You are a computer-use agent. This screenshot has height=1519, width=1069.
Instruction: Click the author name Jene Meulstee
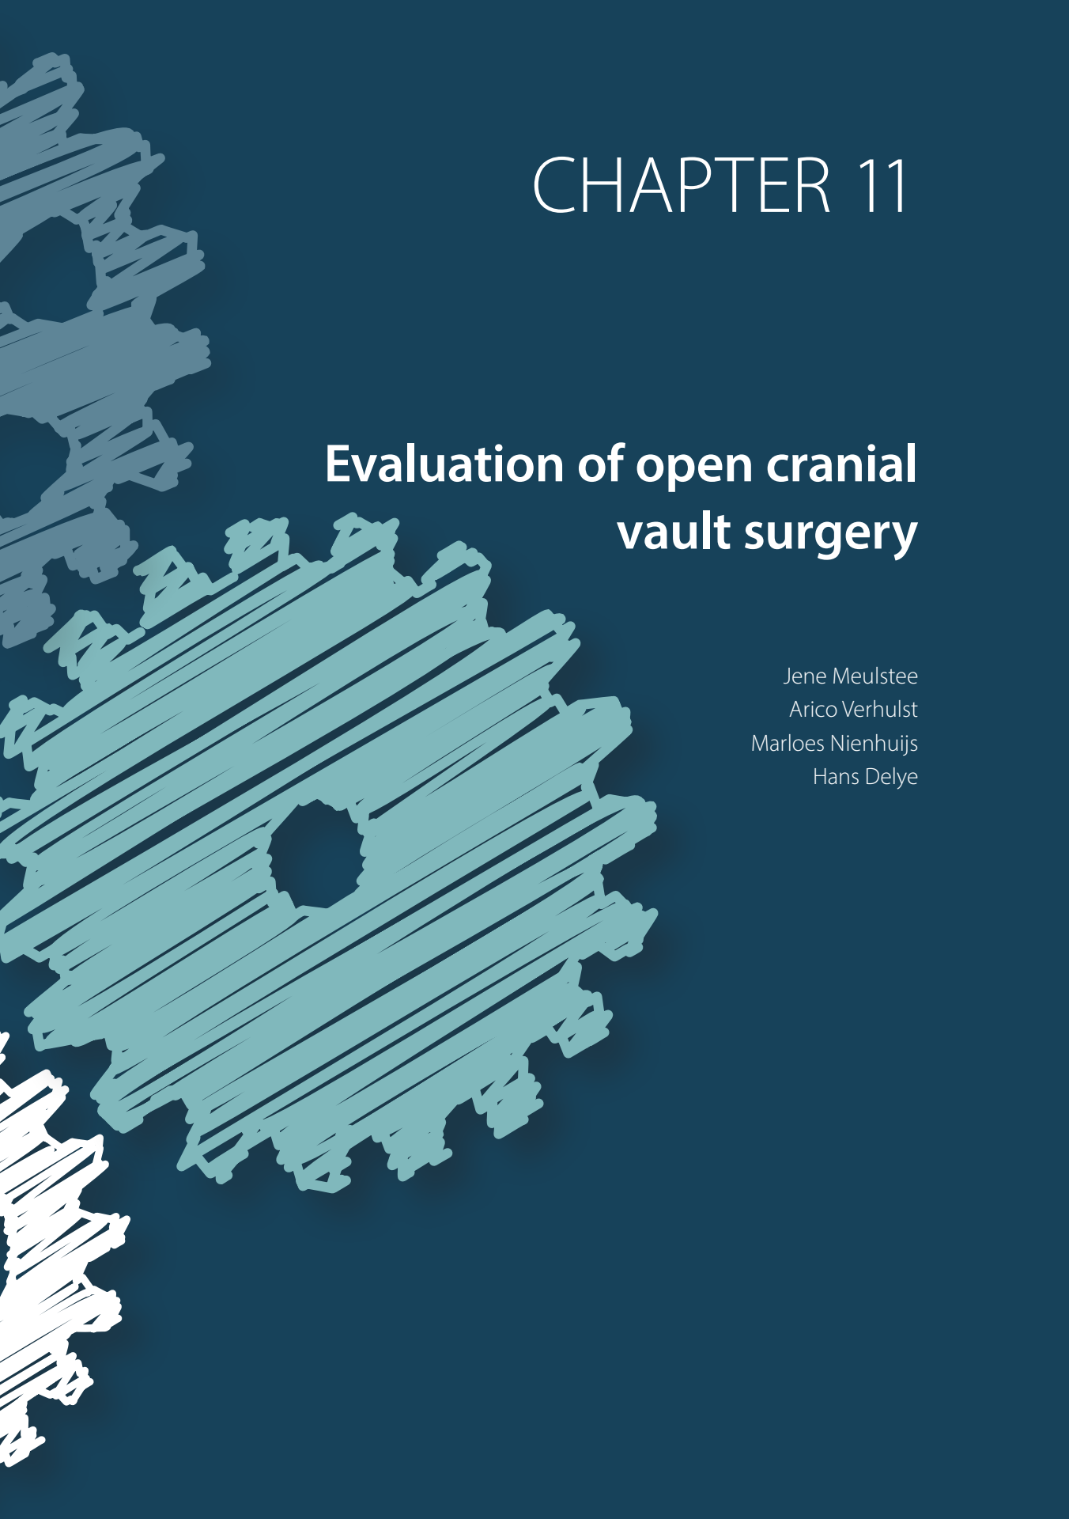pyautogui.click(x=850, y=676)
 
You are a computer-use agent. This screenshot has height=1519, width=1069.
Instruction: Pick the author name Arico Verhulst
pyautogui.click(x=853, y=709)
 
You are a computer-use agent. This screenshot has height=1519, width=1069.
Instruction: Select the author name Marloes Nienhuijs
pyautogui.click(x=834, y=743)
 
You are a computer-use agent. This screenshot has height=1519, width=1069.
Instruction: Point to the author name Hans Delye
pyautogui.click(x=865, y=776)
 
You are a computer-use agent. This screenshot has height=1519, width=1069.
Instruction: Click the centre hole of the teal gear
pyautogui.click(x=316, y=854)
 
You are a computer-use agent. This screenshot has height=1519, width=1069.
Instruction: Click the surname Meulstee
pyautogui.click(x=874, y=676)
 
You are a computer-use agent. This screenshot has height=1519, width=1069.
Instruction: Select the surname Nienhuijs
pyautogui.click(x=874, y=743)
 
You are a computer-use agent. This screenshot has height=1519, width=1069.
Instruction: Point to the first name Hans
pyautogui.click(x=836, y=776)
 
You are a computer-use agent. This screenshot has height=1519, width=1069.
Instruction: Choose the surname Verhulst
pyautogui.click(x=880, y=709)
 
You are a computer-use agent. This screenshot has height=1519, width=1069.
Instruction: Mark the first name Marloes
pyautogui.click(x=788, y=743)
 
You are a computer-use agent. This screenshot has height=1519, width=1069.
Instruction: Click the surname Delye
pyautogui.click(x=891, y=777)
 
